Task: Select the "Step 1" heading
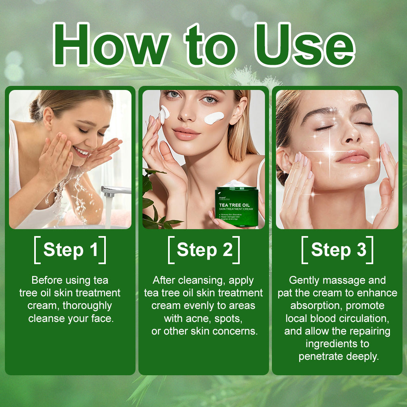point(70,250)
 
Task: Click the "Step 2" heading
point(204,250)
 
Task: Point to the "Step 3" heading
point(338,250)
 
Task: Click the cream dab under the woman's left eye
point(214,118)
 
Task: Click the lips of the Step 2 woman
point(186,134)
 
